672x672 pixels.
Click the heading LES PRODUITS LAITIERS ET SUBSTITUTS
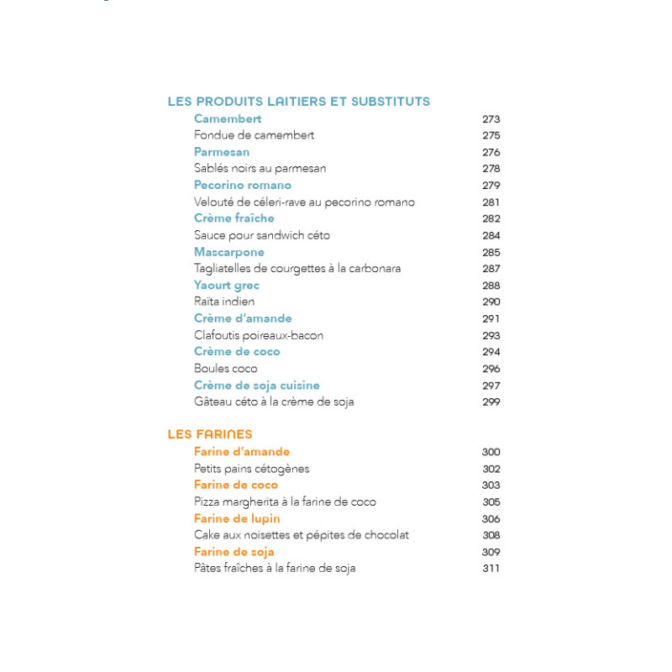[298, 102]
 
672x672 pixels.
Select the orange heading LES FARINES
[210, 434]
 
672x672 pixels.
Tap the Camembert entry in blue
[228, 119]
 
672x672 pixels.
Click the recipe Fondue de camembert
[254, 135]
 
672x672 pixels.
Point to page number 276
[491, 152]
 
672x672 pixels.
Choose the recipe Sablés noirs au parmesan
[260, 169]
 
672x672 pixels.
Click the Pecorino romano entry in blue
[243, 186]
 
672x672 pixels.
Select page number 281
[491, 202]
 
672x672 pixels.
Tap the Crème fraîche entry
[234, 218]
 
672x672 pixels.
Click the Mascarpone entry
[229, 252]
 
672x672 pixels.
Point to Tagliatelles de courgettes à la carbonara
[297, 269]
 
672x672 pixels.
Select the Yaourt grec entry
[227, 286]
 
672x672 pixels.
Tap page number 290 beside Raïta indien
[491, 302]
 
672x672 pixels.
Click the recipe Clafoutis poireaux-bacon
[259, 335]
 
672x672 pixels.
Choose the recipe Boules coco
[226, 369]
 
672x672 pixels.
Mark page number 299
[491, 402]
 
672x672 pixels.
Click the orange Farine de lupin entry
[237, 518]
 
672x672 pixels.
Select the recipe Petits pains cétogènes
[252, 469]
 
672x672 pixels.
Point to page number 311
[491, 569]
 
